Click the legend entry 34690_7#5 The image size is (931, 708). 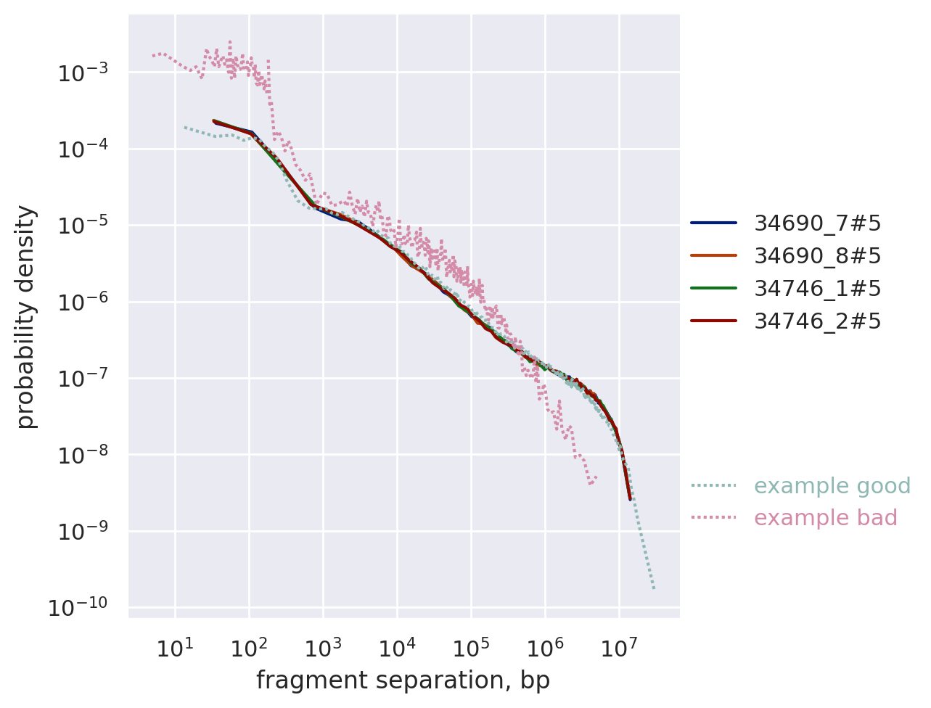coord(817,223)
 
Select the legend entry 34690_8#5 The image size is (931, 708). coord(817,256)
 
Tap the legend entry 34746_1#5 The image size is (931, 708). coord(817,289)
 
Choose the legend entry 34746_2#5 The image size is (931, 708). coord(817,321)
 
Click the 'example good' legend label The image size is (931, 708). coord(832,486)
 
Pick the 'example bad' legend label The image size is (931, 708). coord(825,518)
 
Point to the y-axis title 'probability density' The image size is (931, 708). coord(26,317)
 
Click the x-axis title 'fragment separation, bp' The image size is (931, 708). coord(403,680)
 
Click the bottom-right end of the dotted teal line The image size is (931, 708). coord(654,588)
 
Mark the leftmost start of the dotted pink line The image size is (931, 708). coord(153,55)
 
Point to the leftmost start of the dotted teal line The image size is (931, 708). coord(184,127)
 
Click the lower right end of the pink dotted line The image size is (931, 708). coord(596,477)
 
